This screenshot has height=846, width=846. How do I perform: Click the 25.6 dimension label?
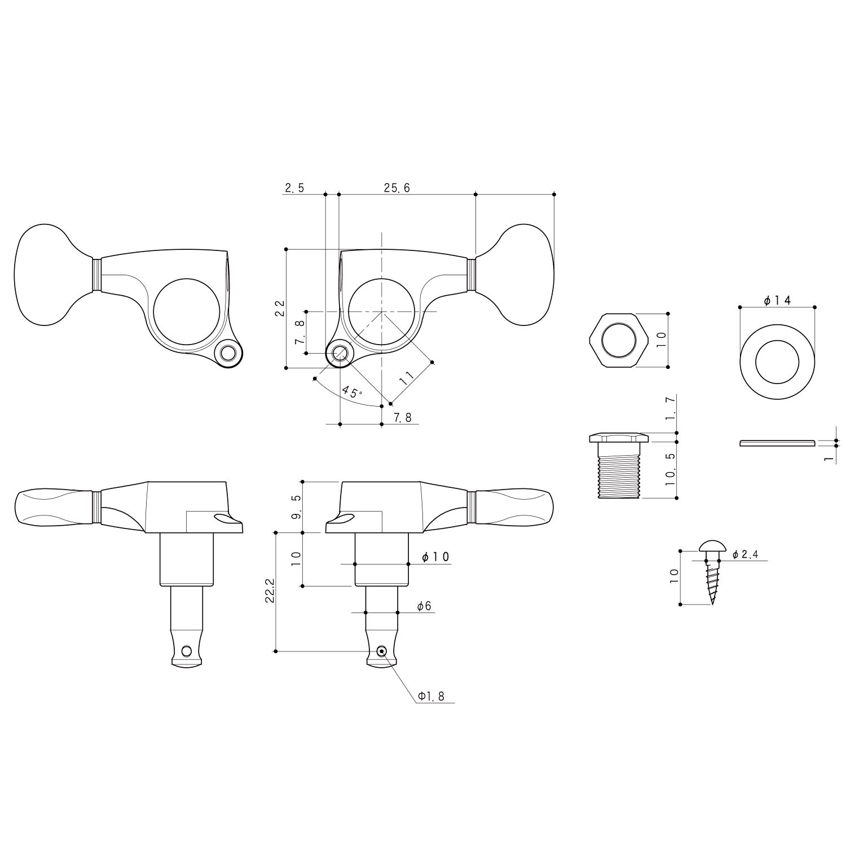(396, 188)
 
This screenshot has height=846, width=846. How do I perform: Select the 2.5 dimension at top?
(294, 188)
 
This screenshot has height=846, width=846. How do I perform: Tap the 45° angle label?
(352, 391)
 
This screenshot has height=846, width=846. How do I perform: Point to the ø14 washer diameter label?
(777, 301)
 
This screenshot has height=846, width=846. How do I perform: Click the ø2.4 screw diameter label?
(745, 554)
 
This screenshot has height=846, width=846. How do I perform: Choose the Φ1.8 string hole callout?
(431, 697)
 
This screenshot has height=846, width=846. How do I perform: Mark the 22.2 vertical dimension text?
(270, 591)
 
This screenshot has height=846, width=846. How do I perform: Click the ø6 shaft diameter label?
(424, 606)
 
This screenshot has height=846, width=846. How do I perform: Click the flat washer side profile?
(777, 443)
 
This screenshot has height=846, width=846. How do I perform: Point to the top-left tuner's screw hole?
(228, 354)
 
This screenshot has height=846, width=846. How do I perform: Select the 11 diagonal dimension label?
(408, 377)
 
